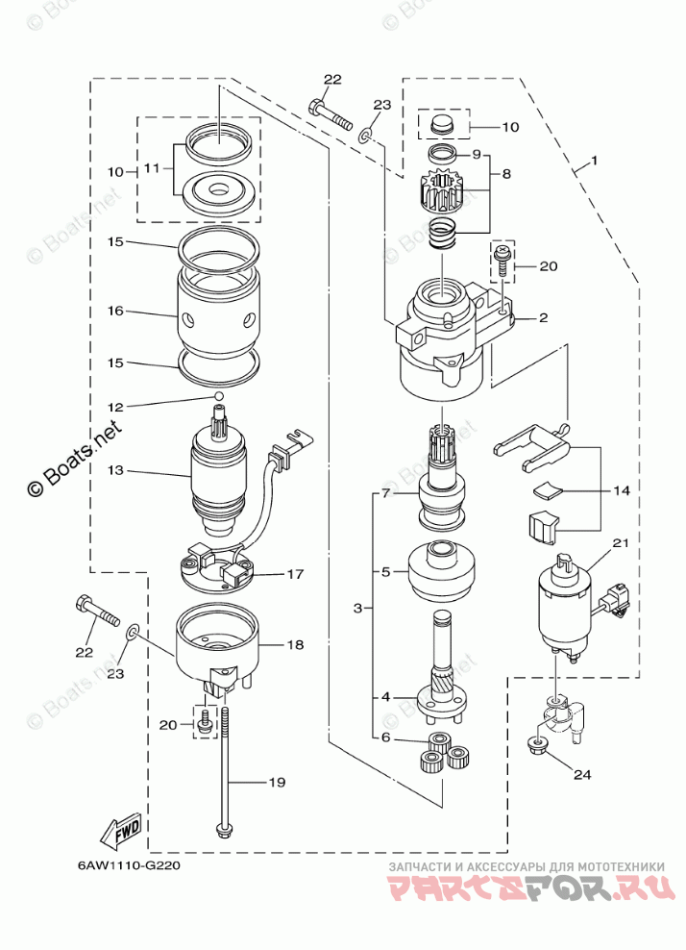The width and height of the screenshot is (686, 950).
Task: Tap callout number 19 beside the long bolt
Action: tap(276, 784)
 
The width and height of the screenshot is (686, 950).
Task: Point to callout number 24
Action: tap(582, 773)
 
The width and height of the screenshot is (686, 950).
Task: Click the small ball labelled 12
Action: tap(218, 395)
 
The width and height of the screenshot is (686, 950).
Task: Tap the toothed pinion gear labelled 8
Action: tap(444, 188)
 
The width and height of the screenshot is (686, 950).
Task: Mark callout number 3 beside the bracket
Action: tap(357, 609)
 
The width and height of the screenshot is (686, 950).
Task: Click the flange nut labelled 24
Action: tap(534, 744)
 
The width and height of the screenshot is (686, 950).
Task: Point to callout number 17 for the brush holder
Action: tap(294, 575)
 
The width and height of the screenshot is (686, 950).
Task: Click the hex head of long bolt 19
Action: tap(223, 828)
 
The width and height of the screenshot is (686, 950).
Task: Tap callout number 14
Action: tap(621, 490)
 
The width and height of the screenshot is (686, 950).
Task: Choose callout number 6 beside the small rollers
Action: tap(384, 737)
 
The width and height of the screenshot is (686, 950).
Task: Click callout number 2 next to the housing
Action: tap(543, 317)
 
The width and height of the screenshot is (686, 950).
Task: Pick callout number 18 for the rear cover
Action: tap(294, 646)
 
